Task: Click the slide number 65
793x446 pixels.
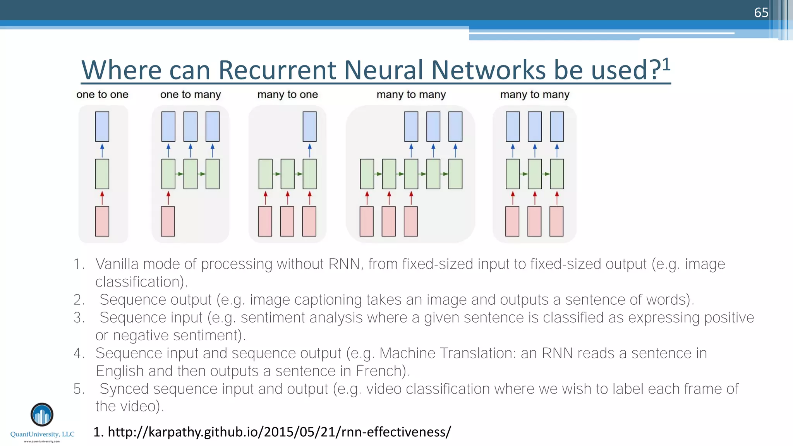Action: tap(761, 12)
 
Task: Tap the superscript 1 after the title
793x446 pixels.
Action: tap(666, 64)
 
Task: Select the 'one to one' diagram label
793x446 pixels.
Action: tap(102, 94)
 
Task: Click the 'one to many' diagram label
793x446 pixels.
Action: tap(191, 94)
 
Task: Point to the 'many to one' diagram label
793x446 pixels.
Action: tap(287, 94)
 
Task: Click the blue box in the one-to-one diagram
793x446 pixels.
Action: tap(102, 127)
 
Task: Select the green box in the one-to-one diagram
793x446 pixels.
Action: tap(102, 174)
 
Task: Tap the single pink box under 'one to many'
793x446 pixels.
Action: tap(168, 221)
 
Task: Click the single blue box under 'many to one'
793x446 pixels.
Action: tap(309, 127)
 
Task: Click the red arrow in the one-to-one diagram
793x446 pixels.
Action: tap(102, 197)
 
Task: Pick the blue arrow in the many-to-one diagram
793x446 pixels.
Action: tap(309, 150)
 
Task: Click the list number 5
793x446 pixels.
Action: tap(79, 389)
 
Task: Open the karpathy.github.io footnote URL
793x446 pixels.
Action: tap(279, 432)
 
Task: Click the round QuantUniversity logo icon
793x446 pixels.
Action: tap(42, 415)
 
